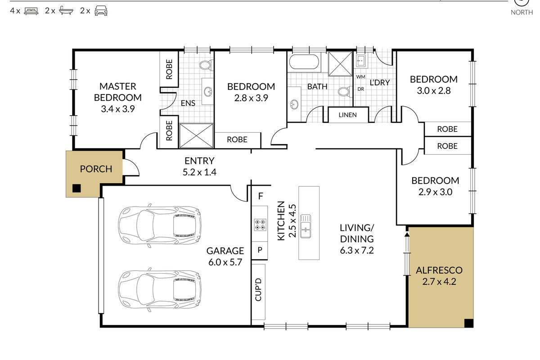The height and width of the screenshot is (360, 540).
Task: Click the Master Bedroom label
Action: (x=117, y=92)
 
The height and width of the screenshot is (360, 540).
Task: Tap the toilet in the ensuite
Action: (x=206, y=65)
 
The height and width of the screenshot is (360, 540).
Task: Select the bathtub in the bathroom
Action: (x=304, y=62)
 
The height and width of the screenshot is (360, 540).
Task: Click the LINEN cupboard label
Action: (x=347, y=115)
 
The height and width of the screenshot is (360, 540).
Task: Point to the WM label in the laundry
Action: (x=360, y=76)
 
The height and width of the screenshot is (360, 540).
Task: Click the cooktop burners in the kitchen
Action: (x=260, y=225)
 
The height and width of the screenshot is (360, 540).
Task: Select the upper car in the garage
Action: (x=160, y=225)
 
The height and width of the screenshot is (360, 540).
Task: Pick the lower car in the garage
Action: (x=160, y=289)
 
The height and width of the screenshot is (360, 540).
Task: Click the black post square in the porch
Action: (x=76, y=188)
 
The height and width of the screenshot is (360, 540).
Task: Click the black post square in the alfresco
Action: (x=469, y=323)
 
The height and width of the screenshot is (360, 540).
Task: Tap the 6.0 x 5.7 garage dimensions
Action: (x=225, y=262)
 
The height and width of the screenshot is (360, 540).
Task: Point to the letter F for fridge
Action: (x=261, y=196)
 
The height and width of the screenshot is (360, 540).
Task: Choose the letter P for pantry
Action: (x=260, y=250)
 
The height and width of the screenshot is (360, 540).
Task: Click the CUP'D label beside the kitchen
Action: (x=258, y=289)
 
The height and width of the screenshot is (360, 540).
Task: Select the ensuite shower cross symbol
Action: (x=196, y=135)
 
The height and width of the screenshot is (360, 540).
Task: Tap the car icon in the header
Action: (x=101, y=11)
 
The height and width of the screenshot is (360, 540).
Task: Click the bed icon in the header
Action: (x=31, y=11)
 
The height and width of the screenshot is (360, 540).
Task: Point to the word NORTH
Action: (x=522, y=12)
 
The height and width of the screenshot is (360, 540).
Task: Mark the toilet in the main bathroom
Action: (x=345, y=92)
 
